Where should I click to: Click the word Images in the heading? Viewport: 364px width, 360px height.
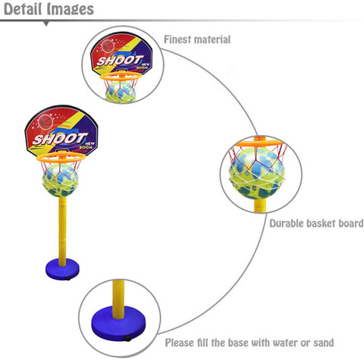coord(73,9)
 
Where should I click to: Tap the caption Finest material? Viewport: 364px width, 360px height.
coord(197,39)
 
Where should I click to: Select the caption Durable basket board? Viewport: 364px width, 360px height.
coord(316,223)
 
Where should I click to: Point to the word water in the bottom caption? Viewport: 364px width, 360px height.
coord(277,343)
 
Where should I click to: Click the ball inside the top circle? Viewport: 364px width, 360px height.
coord(121,89)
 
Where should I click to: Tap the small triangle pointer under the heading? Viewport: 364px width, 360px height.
coord(48,23)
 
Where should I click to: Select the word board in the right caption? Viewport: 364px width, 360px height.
coord(349,223)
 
